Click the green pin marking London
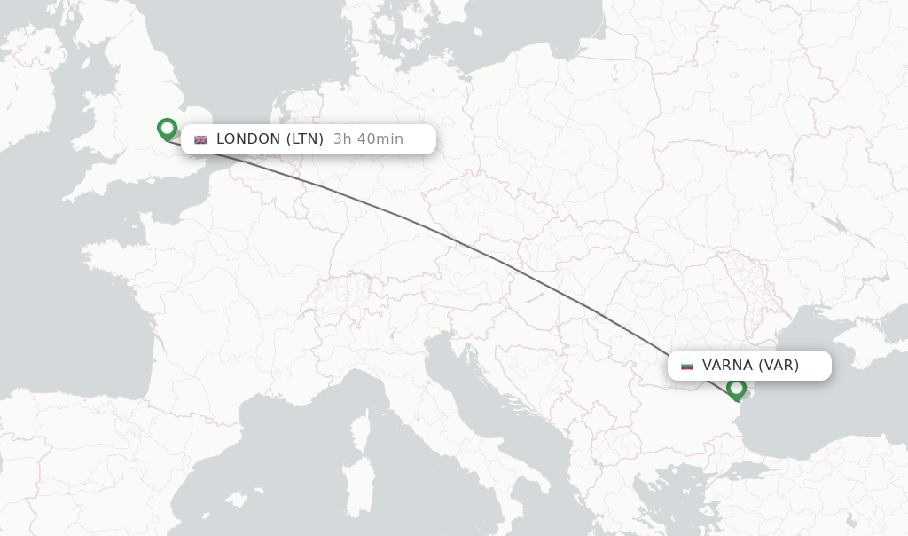click(x=167, y=129)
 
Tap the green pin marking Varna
click(x=736, y=389)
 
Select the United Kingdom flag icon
click(x=201, y=139)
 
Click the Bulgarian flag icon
click(x=687, y=366)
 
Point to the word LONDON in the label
click(x=248, y=138)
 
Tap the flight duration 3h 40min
click(x=368, y=138)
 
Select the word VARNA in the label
click(x=727, y=365)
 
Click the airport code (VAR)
click(x=779, y=365)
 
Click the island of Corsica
click(x=361, y=430)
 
